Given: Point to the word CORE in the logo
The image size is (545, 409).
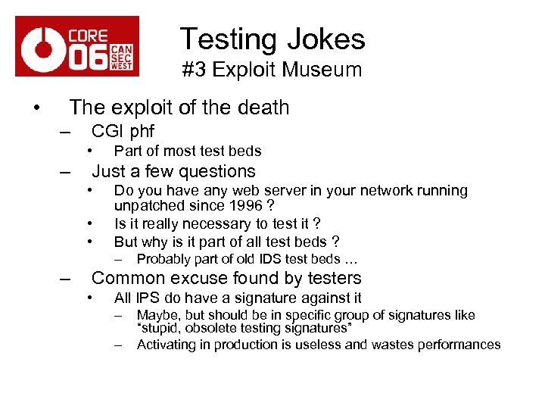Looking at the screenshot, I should tap(88, 35).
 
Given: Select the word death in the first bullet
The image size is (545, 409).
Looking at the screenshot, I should tap(263, 108).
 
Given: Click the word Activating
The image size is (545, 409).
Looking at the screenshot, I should tap(171, 345).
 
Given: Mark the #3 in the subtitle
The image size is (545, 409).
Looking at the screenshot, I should tap(193, 70).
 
